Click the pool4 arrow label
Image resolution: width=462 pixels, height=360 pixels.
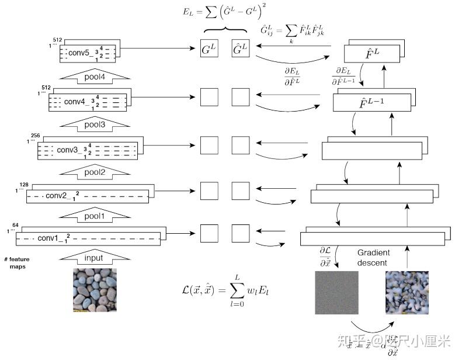click(94, 77)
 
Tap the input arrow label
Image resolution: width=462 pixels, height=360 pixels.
click(93, 258)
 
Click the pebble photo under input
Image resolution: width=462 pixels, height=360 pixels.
click(94, 290)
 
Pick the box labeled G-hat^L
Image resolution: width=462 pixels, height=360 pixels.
click(240, 50)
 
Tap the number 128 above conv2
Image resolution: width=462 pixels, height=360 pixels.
click(24, 185)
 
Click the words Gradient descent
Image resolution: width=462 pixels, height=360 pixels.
click(373, 258)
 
